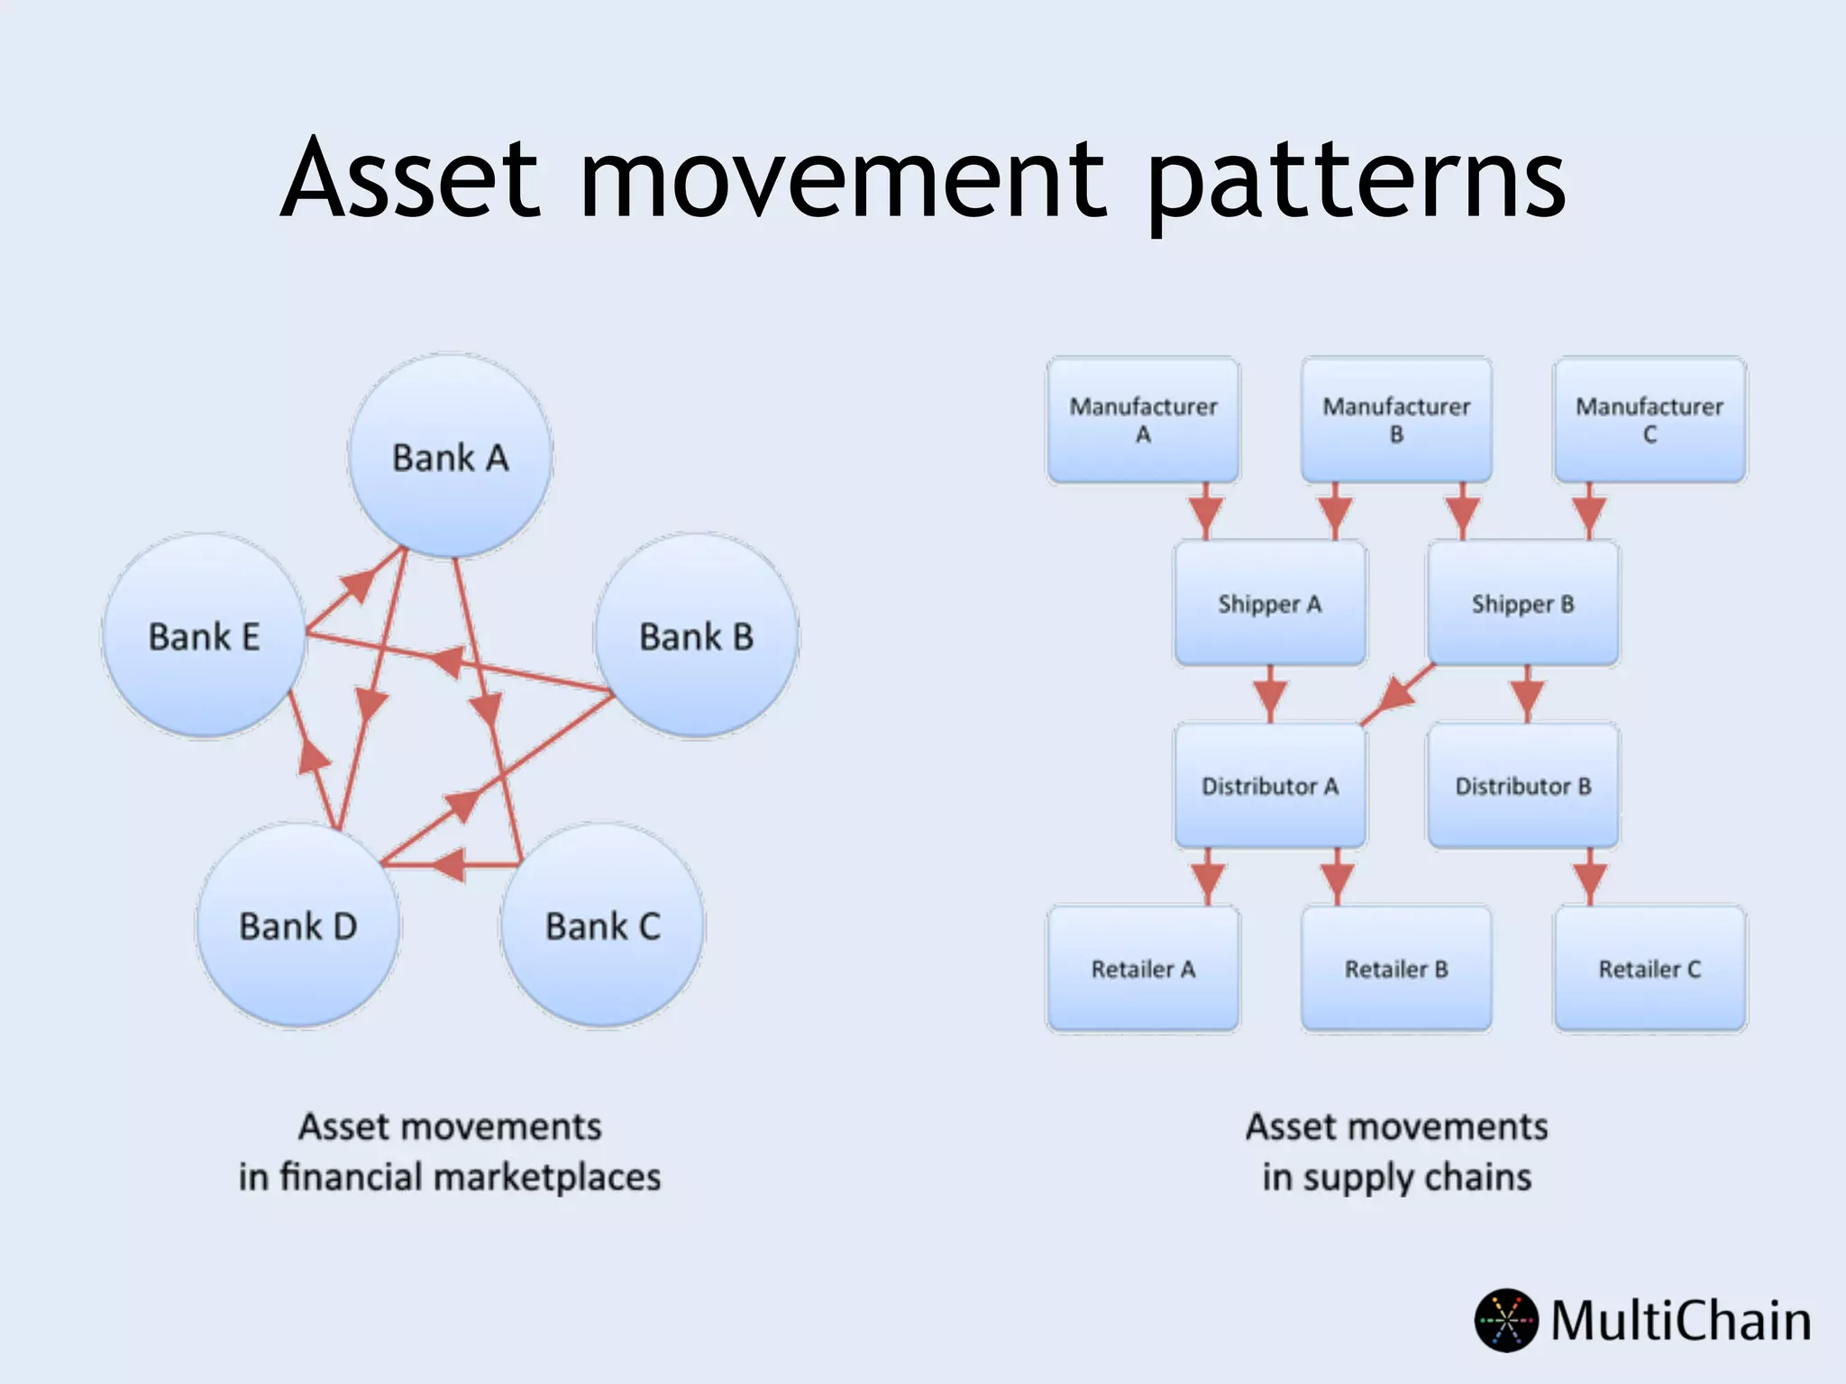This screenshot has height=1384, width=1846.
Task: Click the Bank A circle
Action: pos(450,457)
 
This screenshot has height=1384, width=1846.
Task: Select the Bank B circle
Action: pos(696,636)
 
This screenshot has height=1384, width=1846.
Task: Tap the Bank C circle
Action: pos(602,925)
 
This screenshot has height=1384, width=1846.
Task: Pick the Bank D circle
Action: pos(298,925)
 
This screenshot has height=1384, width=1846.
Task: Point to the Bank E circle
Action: pos(205,636)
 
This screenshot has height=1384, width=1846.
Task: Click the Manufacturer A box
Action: pos(1143,420)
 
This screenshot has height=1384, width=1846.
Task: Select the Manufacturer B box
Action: pos(1396,420)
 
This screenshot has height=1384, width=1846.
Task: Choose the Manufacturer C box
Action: pos(1650,420)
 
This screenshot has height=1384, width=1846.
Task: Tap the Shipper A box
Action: pos(1270,604)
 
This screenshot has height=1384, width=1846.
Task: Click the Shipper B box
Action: pos(1523,604)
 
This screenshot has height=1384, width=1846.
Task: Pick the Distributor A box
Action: pos(1270,786)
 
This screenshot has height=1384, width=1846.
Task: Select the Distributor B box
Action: pos(1523,786)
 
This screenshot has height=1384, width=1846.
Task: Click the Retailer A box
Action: pos(1143,969)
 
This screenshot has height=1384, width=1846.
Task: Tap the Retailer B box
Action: pos(1396,969)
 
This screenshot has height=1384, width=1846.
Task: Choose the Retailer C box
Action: pos(1650,969)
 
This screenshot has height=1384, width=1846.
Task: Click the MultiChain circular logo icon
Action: pos(1506,1320)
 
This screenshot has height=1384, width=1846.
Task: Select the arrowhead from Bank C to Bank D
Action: pos(451,865)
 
